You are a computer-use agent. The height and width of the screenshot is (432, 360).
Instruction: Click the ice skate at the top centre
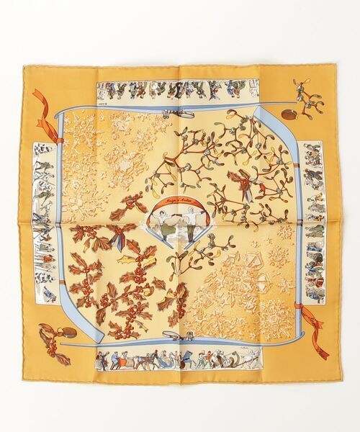point(179,112)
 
